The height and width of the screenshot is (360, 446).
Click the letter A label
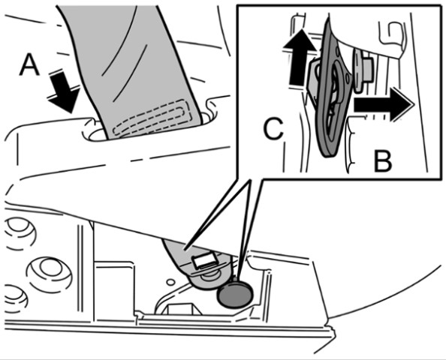29,65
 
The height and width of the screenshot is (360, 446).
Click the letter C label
273,129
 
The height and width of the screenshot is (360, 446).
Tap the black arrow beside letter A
63,91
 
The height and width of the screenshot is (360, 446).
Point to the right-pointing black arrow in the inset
383,104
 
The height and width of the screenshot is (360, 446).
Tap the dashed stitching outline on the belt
152,117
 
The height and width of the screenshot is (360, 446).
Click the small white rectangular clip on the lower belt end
204,260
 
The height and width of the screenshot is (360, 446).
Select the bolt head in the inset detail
364,71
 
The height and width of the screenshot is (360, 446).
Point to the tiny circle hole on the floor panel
170,282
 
